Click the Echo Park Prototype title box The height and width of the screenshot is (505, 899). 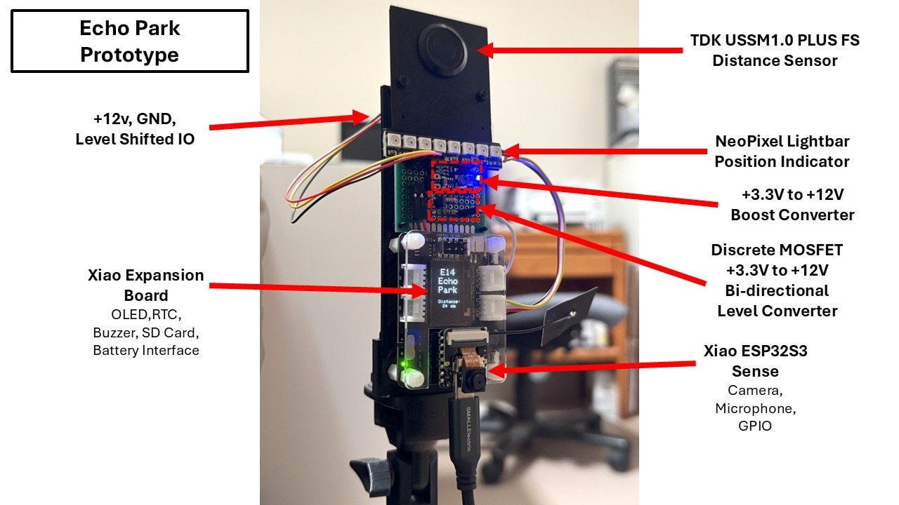(x=130, y=41)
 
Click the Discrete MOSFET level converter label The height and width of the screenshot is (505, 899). (x=777, y=280)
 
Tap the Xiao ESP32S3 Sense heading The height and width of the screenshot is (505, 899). (x=756, y=361)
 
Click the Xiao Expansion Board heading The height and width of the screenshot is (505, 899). (x=146, y=285)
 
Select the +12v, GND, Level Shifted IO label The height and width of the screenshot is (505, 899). (x=136, y=129)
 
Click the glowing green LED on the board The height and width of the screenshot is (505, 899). (x=401, y=366)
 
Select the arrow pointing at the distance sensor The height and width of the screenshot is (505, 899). (x=583, y=50)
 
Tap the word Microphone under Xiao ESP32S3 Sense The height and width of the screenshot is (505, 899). (x=756, y=408)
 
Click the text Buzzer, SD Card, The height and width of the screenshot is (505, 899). (x=146, y=333)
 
